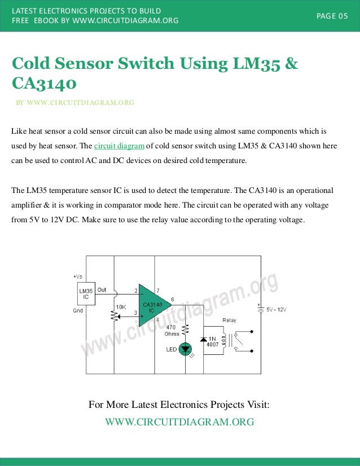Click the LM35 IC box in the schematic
[86, 294]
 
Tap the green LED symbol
[185, 349]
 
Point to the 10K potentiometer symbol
[115, 316]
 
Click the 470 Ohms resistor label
[172, 330]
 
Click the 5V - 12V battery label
[276, 310]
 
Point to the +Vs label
[78, 276]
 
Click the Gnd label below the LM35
[78, 310]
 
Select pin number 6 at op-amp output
[172, 299]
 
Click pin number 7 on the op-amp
[157, 291]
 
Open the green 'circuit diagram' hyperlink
[119, 146]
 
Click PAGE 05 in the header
[332, 16]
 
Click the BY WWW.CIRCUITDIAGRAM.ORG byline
[75, 103]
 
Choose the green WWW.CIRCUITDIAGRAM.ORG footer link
[179, 422]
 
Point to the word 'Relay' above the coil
[229, 320]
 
